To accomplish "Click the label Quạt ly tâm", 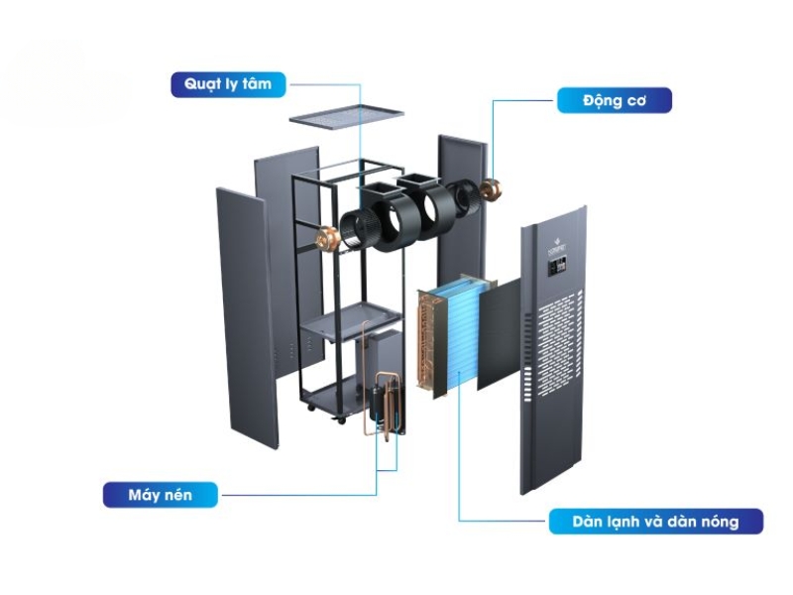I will click(227, 84).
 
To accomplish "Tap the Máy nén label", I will click(161, 493).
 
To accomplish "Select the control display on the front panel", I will click(559, 266).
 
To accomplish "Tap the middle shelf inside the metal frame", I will click(353, 322).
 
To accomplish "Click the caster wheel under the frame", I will click(343, 419).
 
